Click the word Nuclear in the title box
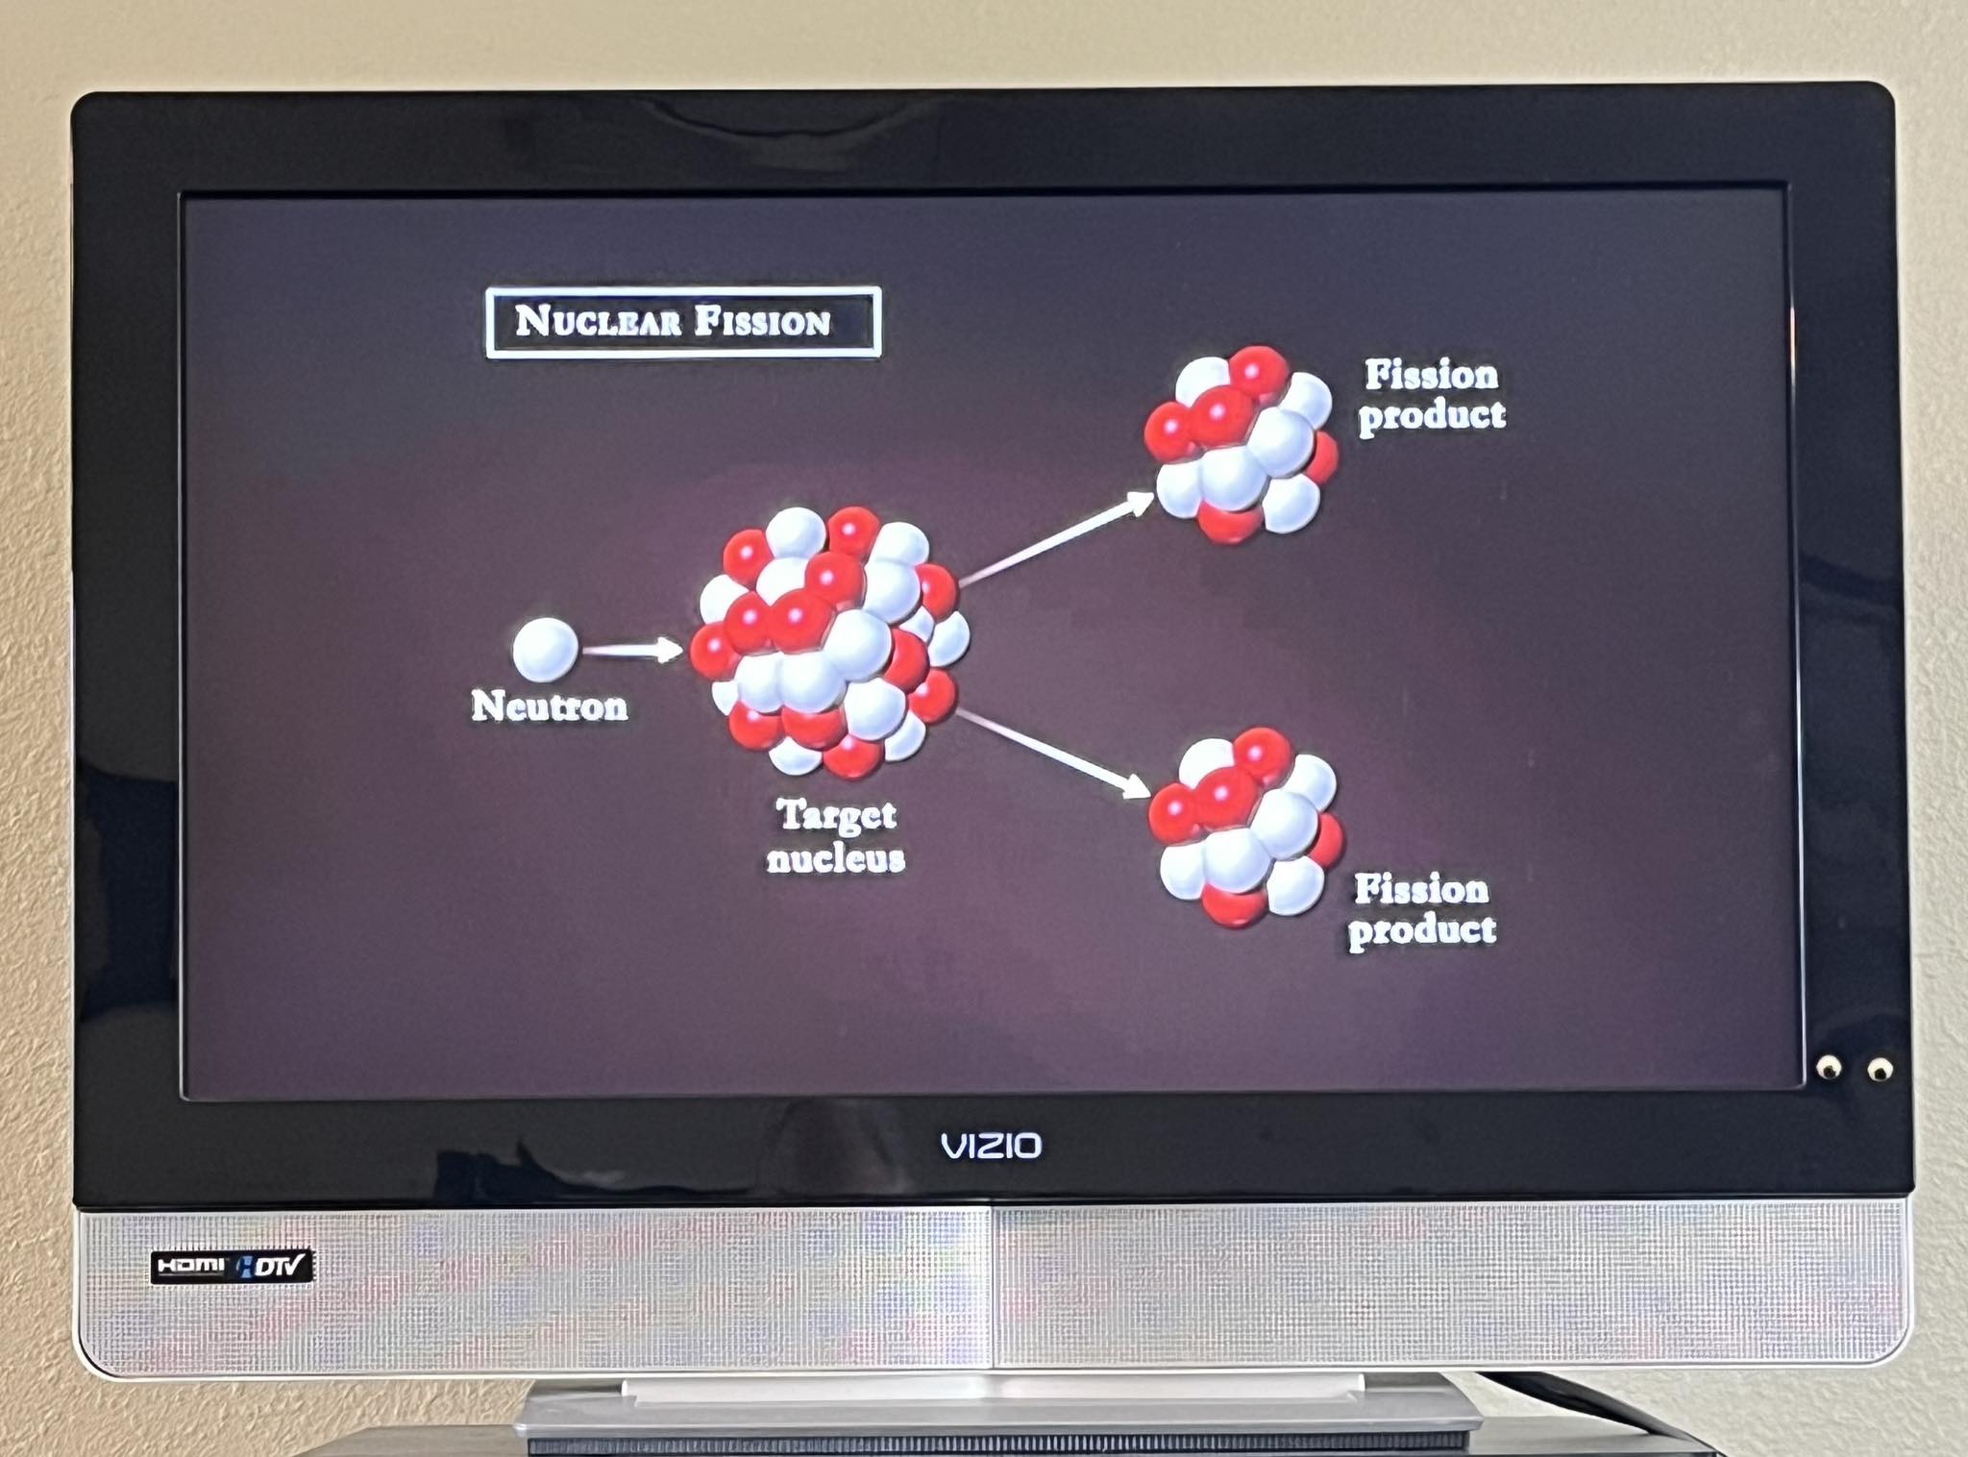pyautogui.click(x=598, y=321)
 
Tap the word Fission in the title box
pyautogui.click(x=762, y=322)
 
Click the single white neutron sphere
pyautogui.click(x=545, y=649)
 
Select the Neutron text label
pyautogui.click(x=549, y=706)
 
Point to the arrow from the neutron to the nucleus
pyautogui.click(x=631, y=651)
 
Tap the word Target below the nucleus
pyautogui.click(x=836, y=816)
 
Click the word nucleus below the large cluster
pyautogui.click(x=835, y=858)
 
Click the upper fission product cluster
pyautogui.click(x=1240, y=444)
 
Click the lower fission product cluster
pyautogui.click(x=1244, y=827)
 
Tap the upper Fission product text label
pyautogui.click(x=1431, y=395)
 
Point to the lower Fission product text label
pyautogui.click(x=1421, y=909)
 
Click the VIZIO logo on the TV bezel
pyautogui.click(x=991, y=1146)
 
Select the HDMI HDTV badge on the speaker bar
pyautogui.click(x=232, y=1266)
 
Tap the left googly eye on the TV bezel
pyautogui.click(x=1828, y=1066)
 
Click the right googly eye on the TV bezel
pyautogui.click(x=1880, y=1068)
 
